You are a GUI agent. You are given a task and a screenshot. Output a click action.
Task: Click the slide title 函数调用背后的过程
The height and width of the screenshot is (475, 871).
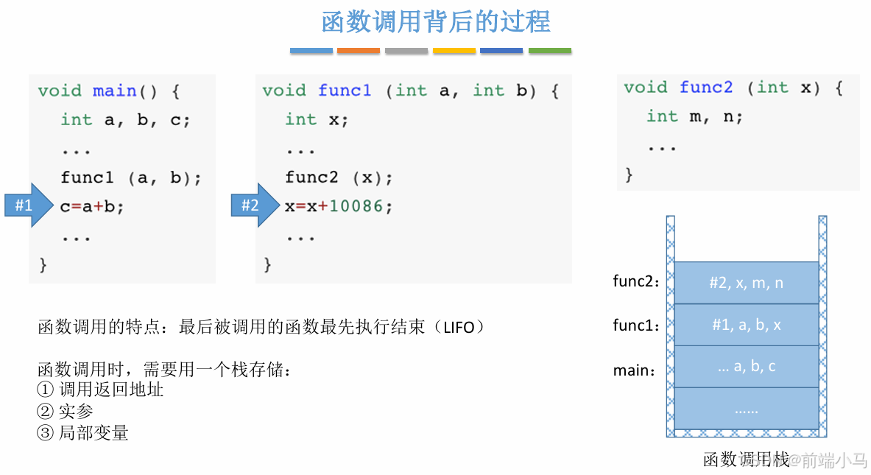pyautogui.click(x=436, y=21)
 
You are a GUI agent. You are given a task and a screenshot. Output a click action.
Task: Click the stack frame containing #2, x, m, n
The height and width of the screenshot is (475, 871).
pyautogui.click(x=747, y=283)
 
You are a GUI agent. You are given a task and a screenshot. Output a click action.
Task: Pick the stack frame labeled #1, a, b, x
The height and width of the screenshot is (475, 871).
pyautogui.click(x=747, y=325)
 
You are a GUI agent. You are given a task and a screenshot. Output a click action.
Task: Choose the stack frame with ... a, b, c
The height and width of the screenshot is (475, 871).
pyautogui.click(x=747, y=366)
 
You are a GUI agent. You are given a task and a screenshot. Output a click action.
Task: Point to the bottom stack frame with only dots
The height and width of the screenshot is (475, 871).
pyautogui.click(x=747, y=409)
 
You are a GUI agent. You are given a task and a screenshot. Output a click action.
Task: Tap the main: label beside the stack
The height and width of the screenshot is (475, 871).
pyautogui.click(x=634, y=370)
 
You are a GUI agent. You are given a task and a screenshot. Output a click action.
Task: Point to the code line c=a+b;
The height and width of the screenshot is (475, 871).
pyautogui.click(x=92, y=207)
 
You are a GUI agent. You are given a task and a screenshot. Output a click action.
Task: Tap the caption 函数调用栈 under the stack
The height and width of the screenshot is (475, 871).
pyautogui.click(x=746, y=460)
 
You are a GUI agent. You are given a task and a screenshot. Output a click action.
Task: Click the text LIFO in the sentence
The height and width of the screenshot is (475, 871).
pyautogui.click(x=459, y=327)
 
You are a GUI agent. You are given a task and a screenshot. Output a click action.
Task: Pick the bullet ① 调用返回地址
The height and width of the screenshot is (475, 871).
pyautogui.click(x=100, y=390)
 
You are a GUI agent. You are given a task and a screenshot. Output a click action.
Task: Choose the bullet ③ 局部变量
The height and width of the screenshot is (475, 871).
pyautogui.click(x=82, y=433)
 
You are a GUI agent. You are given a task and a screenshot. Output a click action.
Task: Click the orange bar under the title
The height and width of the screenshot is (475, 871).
pyautogui.click(x=359, y=51)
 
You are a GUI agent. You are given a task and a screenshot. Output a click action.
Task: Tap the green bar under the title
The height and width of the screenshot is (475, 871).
pyautogui.click(x=549, y=51)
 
